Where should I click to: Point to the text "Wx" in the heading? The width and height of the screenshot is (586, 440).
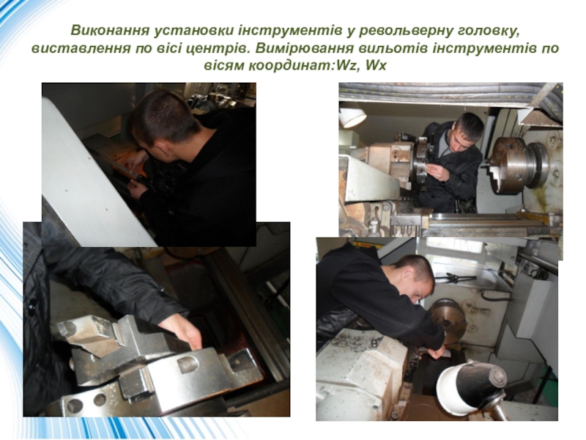tap(376, 66)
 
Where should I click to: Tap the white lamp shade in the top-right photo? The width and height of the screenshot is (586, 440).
tap(352, 117)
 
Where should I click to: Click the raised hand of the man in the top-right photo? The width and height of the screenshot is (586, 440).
tap(437, 172)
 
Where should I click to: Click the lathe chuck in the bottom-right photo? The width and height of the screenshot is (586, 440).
tap(448, 321)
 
